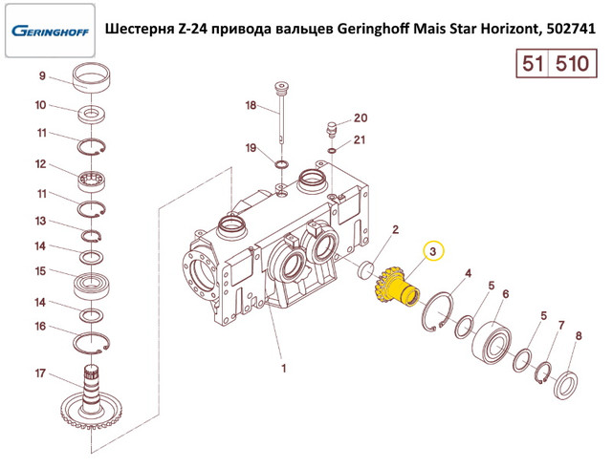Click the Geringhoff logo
point(50,31)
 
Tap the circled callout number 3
point(433,251)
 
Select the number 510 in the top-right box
point(572,63)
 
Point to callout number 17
point(40,373)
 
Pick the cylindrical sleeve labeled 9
point(92,77)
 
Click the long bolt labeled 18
point(281,113)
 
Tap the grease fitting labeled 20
point(332,129)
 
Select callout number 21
point(360,139)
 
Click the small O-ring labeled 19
point(281,163)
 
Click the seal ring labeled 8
point(566,385)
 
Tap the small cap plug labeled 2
point(366,270)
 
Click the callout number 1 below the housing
point(284,368)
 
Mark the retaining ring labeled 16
point(92,343)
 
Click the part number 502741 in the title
point(571,29)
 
